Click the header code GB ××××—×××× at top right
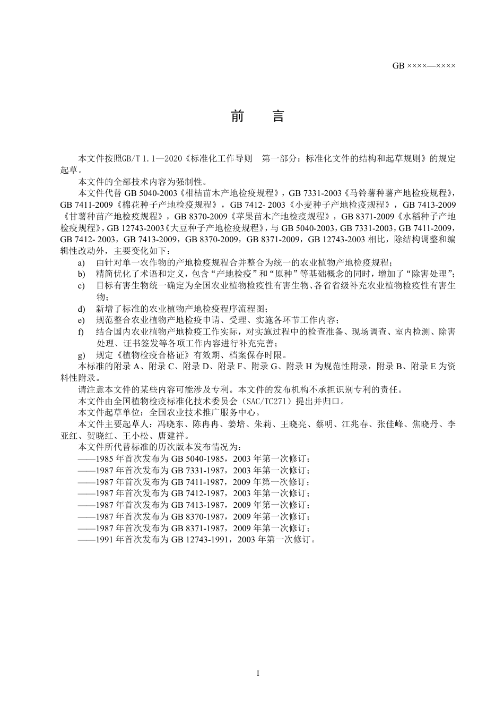tap(424, 66)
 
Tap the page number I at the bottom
tap(258, 674)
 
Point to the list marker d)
tap(82, 309)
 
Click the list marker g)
tap(82, 355)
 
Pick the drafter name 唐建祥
tap(170, 436)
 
